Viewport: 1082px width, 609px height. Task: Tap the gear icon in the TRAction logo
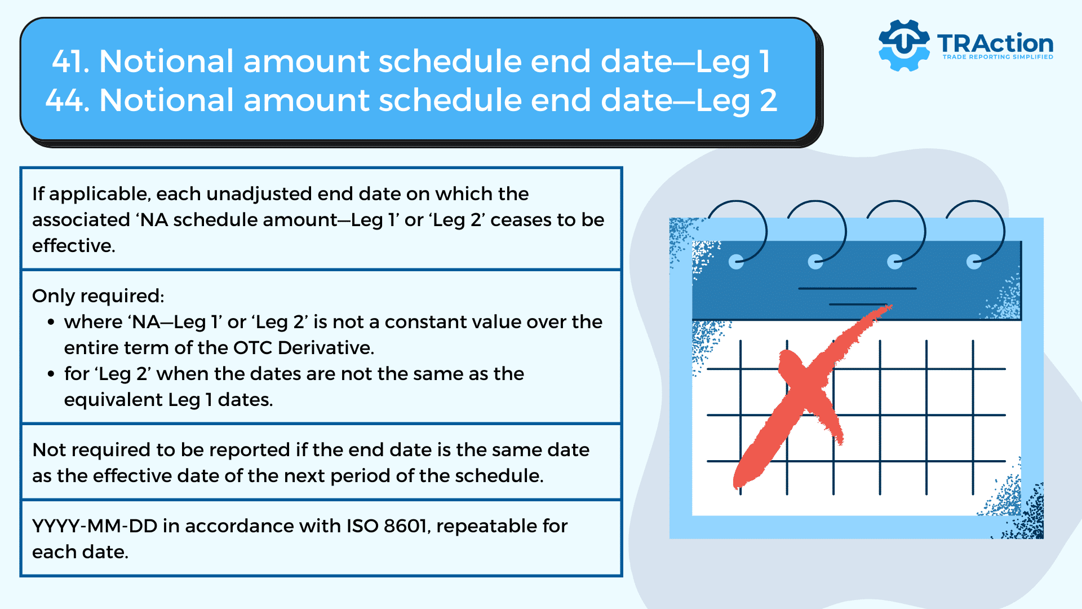[x=904, y=45]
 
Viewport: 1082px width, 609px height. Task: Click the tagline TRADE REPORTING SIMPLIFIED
[x=998, y=57]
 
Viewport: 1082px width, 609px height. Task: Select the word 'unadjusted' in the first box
[x=259, y=195]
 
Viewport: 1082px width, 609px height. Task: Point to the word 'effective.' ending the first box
[x=73, y=246]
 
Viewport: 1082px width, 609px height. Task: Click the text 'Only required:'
[x=98, y=296]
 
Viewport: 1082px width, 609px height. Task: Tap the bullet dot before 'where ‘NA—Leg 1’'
[x=51, y=323]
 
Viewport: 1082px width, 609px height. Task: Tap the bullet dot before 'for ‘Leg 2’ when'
[x=51, y=374]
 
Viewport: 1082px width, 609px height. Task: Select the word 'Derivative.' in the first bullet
[x=326, y=348]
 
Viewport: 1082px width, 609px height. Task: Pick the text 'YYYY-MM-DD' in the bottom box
[x=94, y=526]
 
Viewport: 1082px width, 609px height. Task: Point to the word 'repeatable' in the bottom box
[x=486, y=527]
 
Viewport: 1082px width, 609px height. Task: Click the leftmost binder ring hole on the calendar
[x=736, y=262]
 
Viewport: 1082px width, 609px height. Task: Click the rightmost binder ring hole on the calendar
[x=974, y=262]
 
